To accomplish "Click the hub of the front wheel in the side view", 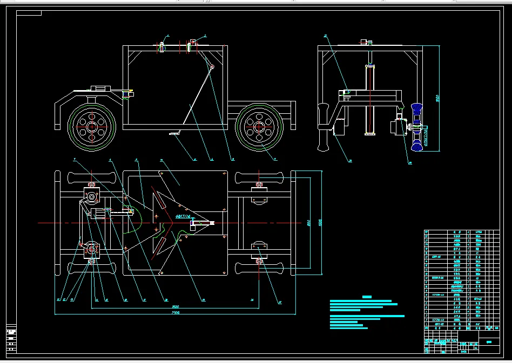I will (91, 127).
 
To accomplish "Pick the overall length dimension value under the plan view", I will (175, 312).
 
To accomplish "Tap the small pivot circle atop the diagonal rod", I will (212, 67).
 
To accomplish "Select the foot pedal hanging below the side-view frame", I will (174, 132).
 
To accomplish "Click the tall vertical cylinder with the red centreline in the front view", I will (370, 100).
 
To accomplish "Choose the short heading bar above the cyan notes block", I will (367, 297).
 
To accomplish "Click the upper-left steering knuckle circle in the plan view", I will (91, 197).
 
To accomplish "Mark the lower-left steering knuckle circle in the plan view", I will (91, 249).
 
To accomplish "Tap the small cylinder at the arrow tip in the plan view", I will (211, 223).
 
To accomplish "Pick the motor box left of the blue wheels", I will (398, 128).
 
